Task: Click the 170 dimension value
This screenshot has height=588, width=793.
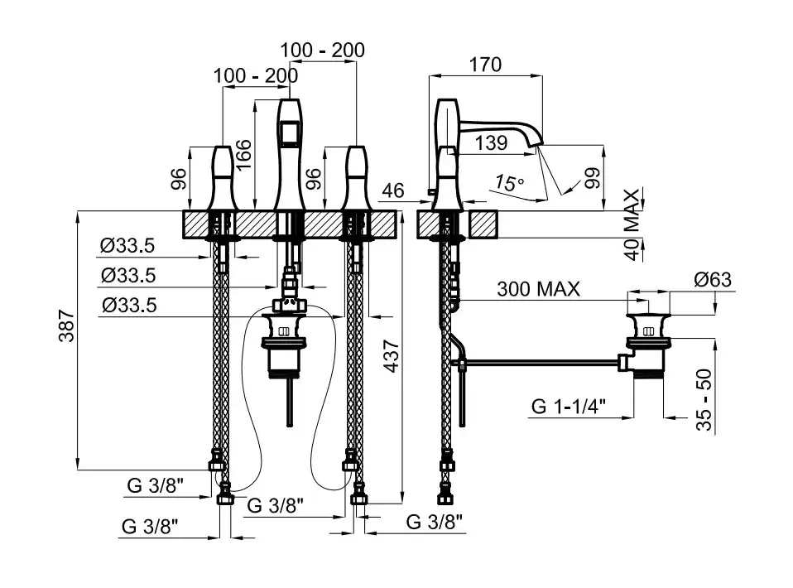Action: pos(485,65)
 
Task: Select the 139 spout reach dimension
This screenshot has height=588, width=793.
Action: pos(492,142)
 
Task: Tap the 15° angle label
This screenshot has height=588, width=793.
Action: pos(509,182)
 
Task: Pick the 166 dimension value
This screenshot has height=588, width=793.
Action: pos(243,155)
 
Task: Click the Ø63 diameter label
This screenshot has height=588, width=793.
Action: pos(714,279)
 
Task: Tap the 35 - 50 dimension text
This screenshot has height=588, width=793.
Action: pos(704,399)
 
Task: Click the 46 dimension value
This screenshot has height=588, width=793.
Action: pos(394,190)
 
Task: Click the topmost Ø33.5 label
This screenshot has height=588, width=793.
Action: pos(128,246)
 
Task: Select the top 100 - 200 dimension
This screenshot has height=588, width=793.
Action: pos(322,50)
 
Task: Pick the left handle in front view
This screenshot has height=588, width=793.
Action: pos(223,177)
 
